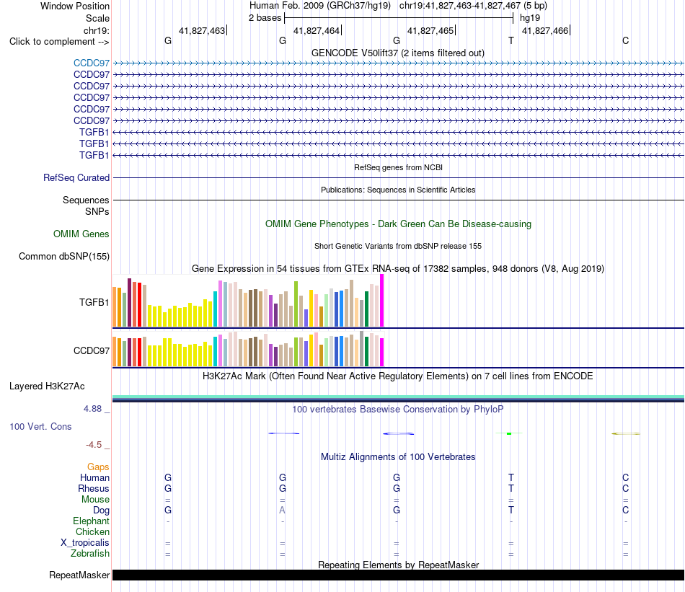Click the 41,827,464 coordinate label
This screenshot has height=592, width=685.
(317, 30)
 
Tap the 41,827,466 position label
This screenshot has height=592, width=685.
(545, 30)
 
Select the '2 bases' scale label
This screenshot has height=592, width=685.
(265, 18)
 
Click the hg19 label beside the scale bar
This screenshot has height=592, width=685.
(530, 18)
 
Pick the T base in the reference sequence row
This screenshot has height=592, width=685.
(511, 40)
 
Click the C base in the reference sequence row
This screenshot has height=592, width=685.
(626, 40)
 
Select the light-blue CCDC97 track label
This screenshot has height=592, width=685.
(92, 63)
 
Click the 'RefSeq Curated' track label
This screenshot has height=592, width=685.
(76, 178)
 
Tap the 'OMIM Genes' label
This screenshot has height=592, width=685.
(81, 234)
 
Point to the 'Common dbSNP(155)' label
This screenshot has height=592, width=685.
(64, 257)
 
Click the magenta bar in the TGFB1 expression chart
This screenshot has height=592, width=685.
(382, 301)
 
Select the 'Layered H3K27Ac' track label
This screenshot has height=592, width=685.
(47, 386)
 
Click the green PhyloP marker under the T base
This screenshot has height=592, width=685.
(509, 433)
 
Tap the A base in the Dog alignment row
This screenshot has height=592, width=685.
(282, 510)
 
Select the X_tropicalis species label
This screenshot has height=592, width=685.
(85, 543)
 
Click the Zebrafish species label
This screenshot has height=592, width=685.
(90, 554)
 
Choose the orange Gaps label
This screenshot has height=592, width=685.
(98, 467)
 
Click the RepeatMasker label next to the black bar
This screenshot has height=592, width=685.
(79, 575)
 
